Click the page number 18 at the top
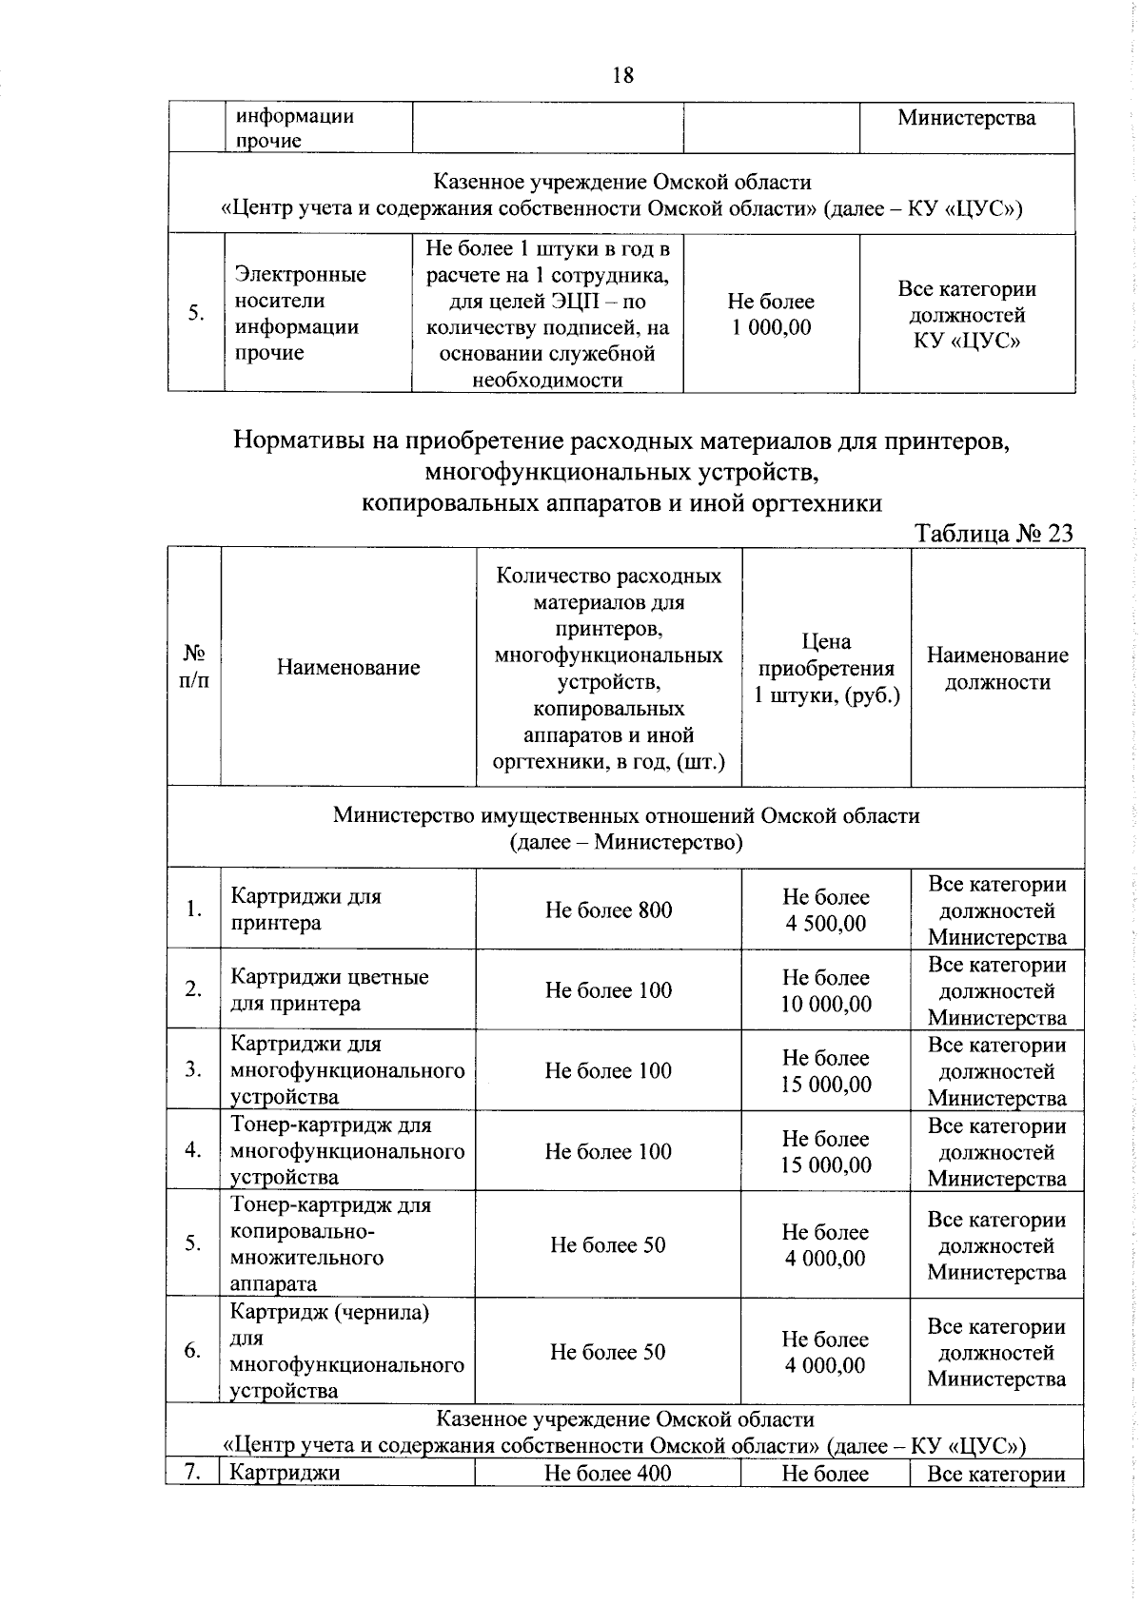coord(623,75)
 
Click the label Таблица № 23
coord(994,533)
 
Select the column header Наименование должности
coord(996,668)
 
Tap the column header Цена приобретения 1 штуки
coord(825,668)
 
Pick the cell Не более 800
coord(608,910)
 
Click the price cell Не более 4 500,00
coord(825,910)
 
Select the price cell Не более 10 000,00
coord(825,990)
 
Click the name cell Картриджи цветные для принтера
coord(329,990)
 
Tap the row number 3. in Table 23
coord(193,1069)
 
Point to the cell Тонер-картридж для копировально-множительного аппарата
coord(329,1243)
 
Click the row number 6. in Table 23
coord(193,1351)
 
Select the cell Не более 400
coord(607,1474)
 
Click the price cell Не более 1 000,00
coord(771,314)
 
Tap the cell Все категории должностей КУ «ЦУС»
coord(967,314)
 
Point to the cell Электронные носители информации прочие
coord(300,314)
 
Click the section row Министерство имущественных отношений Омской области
coord(625,828)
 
